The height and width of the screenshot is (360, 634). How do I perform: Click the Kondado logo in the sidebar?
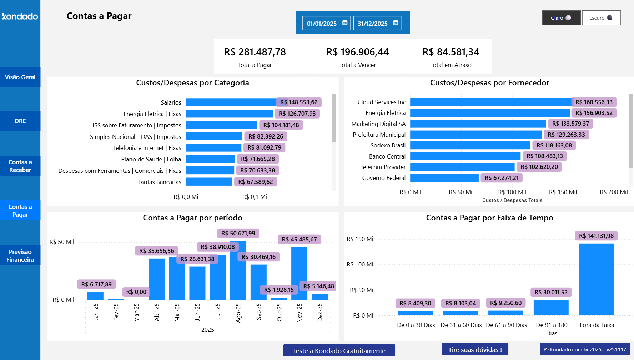(20, 16)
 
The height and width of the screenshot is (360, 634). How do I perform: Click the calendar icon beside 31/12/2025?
(396, 23)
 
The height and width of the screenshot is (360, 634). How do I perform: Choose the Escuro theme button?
(601, 18)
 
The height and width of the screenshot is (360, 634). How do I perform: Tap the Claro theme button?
(561, 18)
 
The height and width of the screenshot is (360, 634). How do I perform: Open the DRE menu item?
(20, 121)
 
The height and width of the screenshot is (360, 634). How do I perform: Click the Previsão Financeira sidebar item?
(20, 256)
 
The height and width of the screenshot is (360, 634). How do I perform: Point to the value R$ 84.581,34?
(451, 52)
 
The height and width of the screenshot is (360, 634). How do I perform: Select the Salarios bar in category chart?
(231, 102)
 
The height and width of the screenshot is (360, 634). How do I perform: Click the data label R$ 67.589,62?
(256, 182)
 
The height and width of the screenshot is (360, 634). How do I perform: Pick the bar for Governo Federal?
(444, 178)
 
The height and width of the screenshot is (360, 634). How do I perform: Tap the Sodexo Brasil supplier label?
(388, 145)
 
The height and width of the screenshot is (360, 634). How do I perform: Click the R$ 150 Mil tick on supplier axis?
(563, 192)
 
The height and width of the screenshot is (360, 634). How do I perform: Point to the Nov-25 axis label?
(300, 312)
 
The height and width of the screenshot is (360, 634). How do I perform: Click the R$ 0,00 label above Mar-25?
(136, 292)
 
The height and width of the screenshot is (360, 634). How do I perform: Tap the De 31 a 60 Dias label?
(461, 325)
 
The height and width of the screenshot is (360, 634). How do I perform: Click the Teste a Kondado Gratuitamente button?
(339, 351)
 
